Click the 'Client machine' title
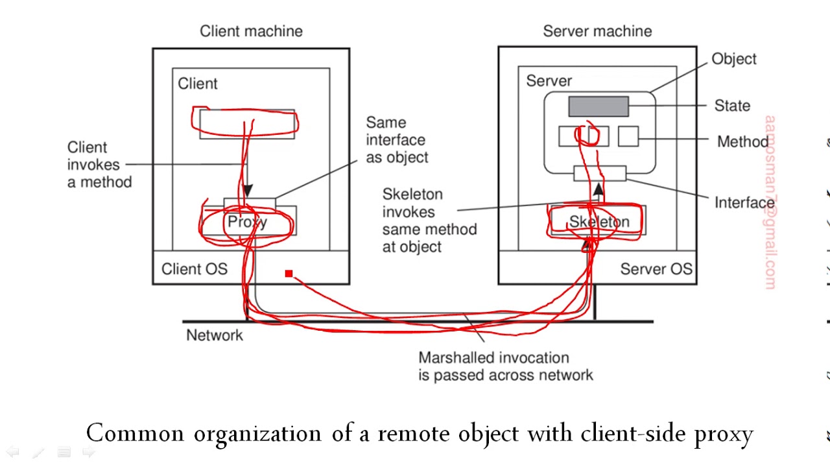pyautogui.click(x=251, y=31)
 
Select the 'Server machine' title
pyautogui.click(x=597, y=31)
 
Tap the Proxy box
pyautogui.click(x=248, y=222)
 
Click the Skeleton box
pyautogui.click(x=598, y=222)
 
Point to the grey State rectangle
pyautogui.click(x=598, y=106)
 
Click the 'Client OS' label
pyautogui.click(x=194, y=269)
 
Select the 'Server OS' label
pyautogui.click(x=656, y=269)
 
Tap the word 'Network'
pyautogui.click(x=215, y=335)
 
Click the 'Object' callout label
pyautogui.click(x=734, y=59)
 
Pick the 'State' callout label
pyautogui.click(x=732, y=106)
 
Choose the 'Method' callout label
pyautogui.click(x=742, y=141)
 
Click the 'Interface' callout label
pyautogui.click(x=744, y=202)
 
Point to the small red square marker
pyautogui.click(x=289, y=274)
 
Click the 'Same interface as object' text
pyautogui.click(x=397, y=140)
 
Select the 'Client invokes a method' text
pyautogui.click(x=99, y=165)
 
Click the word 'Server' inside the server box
pyautogui.click(x=549, y=81)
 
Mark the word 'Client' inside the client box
pyautogui.click(x=198, y=84)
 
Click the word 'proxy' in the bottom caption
pyautogui.click(x=724, y=434)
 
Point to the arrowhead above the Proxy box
pyautogui.click(x=247, y=191)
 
